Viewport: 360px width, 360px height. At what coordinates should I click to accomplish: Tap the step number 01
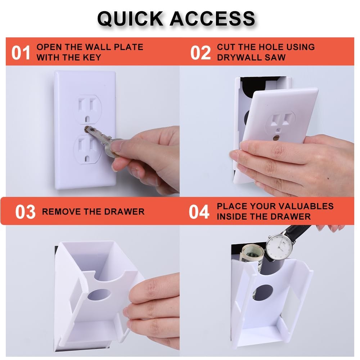[x=21, y=53]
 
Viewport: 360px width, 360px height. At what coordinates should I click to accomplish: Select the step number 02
[x=200, y=53]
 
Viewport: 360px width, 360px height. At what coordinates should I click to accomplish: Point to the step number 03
[x=25, y=212]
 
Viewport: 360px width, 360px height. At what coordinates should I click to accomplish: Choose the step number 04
[x=199, y=212]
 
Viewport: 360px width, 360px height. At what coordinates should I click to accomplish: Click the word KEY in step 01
[x=93, y=57]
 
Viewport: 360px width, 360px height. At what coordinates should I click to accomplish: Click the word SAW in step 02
[x=277, y=57]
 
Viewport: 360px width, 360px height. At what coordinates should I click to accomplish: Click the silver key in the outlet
[x=104, y=140]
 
